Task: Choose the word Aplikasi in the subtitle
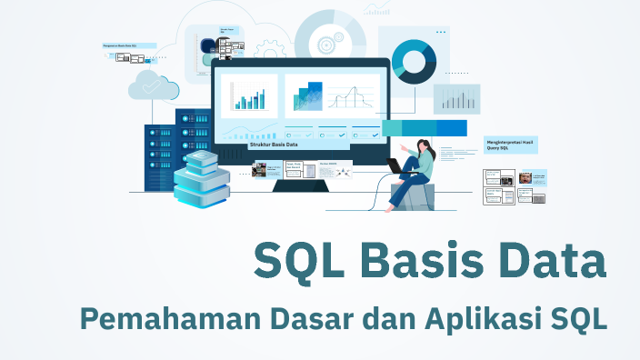473,320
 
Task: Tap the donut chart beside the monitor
414,62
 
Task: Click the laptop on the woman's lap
397,166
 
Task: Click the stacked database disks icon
201,178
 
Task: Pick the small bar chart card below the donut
456,99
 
